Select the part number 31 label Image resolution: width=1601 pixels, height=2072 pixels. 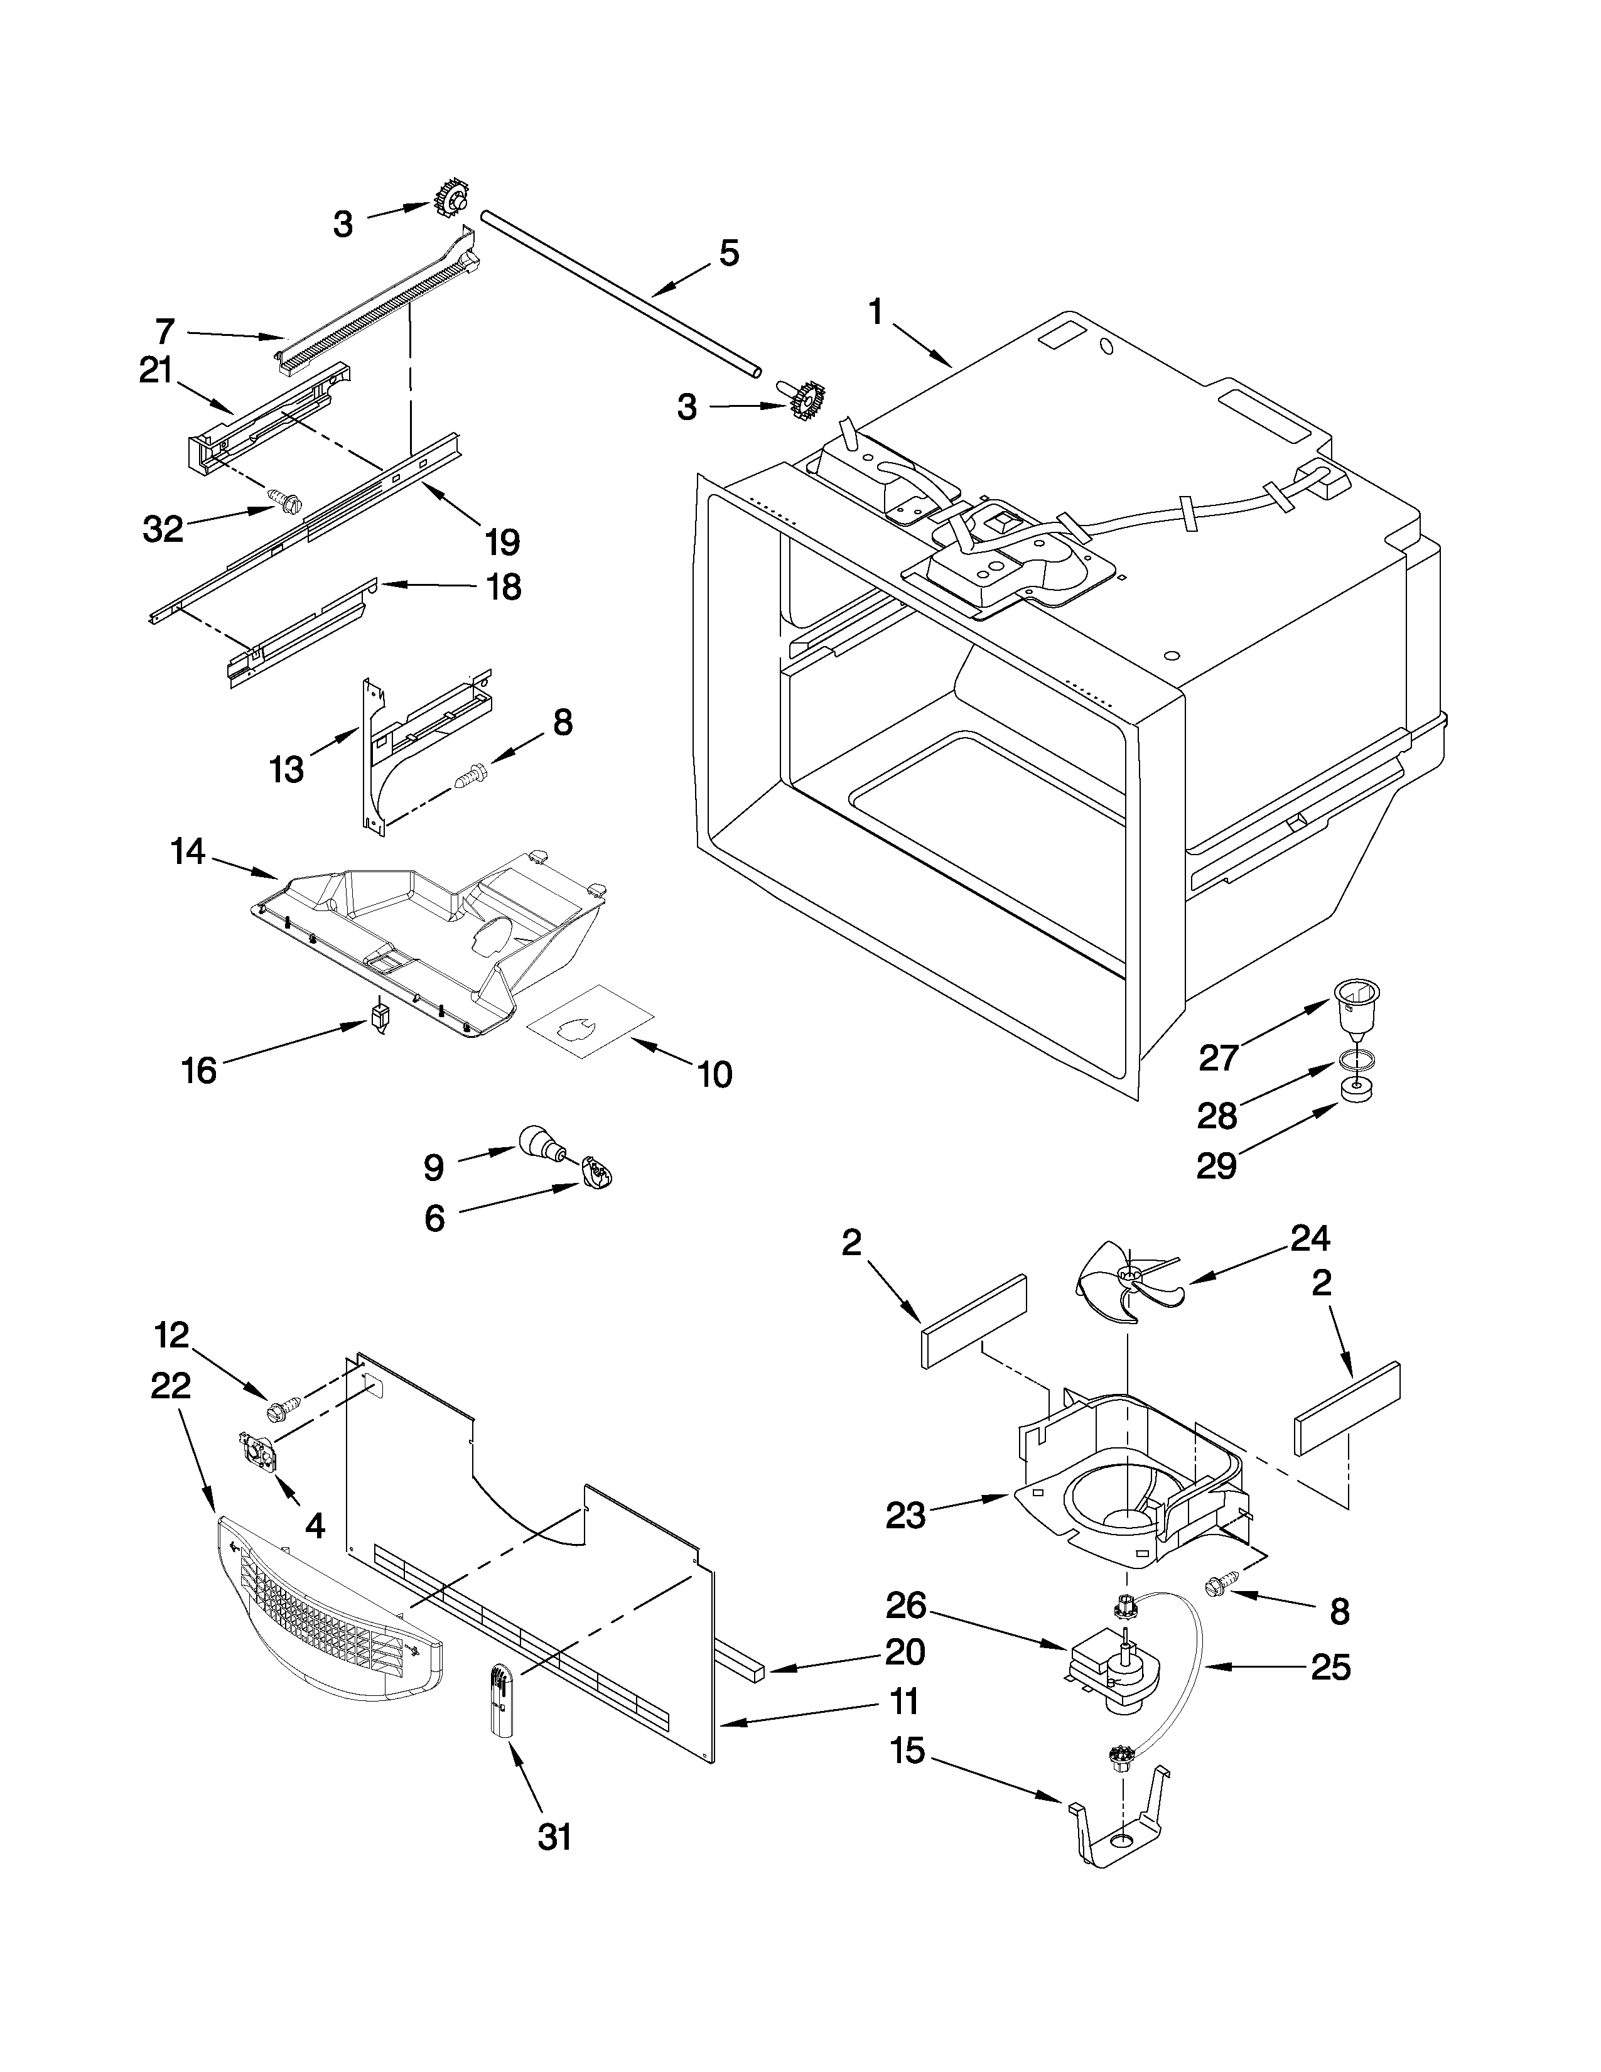click(555, 1837)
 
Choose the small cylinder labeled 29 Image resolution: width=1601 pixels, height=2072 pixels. click(1357, 1092)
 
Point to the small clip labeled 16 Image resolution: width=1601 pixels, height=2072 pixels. click(380, 1020)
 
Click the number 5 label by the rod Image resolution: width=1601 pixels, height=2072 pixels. click(728, 253)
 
